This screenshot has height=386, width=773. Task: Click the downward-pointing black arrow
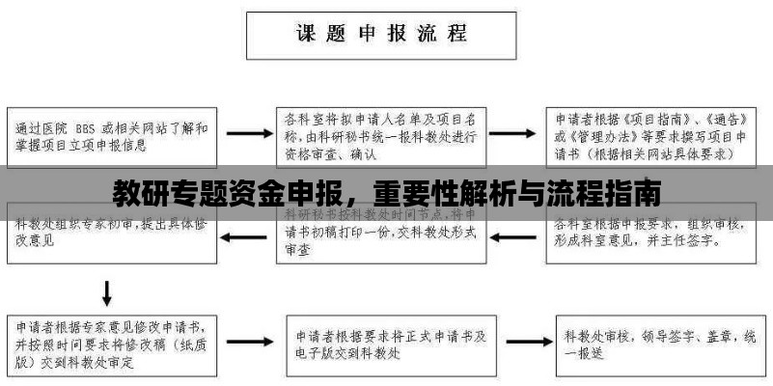pyautogui.click(x=107, y=291)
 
